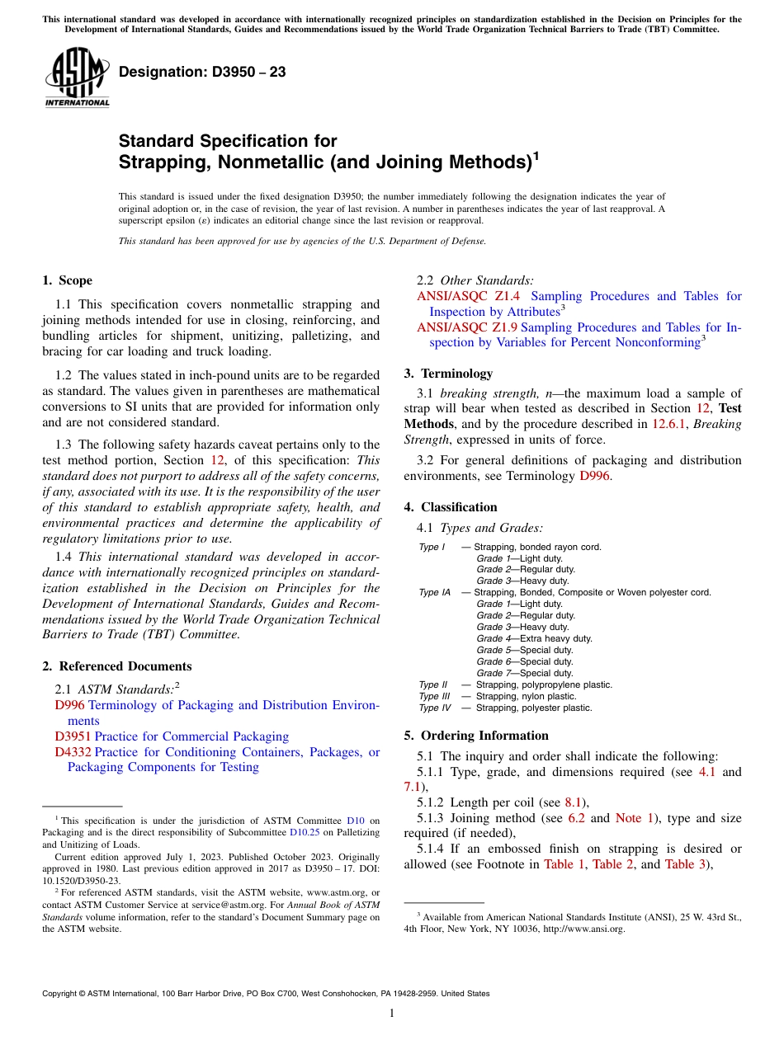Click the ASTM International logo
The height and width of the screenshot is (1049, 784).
(x=77, y=78)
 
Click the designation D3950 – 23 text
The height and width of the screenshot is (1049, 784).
(x=202, y=73)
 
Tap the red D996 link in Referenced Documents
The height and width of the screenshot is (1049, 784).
(x=69, y=705)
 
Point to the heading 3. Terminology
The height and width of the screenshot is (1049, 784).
(x=448, y=373)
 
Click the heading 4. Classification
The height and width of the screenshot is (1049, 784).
(x=451, y=506)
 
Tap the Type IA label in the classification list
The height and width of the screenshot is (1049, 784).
(x=434, y=592)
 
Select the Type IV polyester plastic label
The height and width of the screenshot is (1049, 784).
(x=435, y=708)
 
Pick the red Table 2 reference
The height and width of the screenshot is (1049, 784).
(x=613, y=864)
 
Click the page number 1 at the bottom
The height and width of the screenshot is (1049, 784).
(x=391, y=1013)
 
